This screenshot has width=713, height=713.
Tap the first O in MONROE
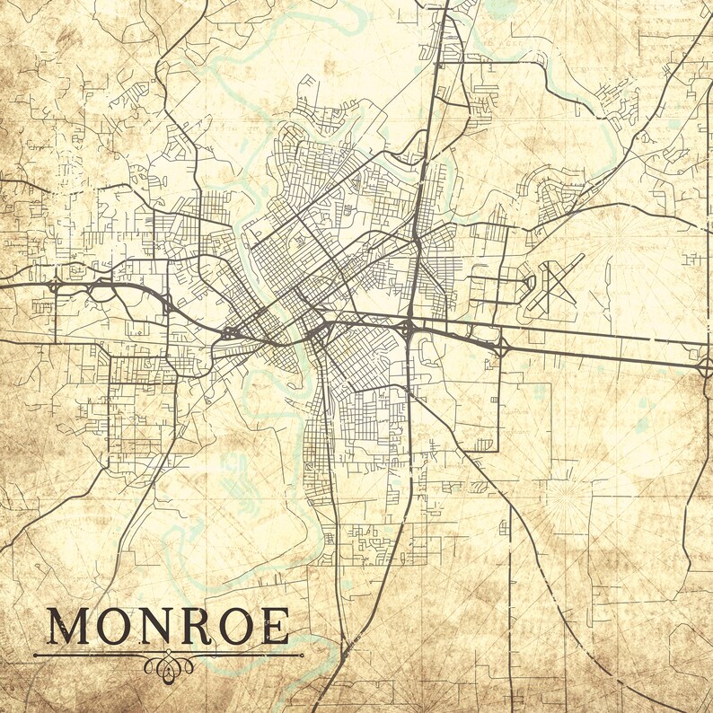click(x=116, y=627)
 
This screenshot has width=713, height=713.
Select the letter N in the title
click(x=157, y=627)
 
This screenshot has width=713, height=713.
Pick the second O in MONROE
click(x=236, y=627)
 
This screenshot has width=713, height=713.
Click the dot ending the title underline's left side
click(x=35, y=656)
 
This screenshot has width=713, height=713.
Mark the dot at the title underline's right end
click(x=302, y=655)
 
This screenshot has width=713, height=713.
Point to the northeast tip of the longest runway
click(x=583, y=255)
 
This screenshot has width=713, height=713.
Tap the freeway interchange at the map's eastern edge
click(x=705, y=366)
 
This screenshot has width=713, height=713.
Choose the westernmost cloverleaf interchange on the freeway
click(x=56, y=286)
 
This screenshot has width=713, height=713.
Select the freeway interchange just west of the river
click(x=231, y=333)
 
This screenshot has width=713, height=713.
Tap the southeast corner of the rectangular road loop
click(x=498, y=450)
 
